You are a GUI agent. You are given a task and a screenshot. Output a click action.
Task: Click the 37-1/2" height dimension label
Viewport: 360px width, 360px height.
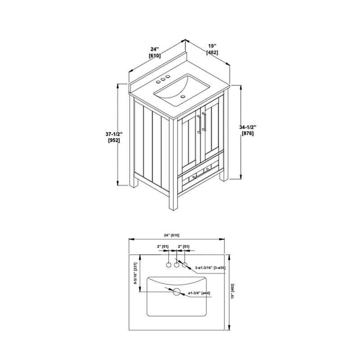(114, 134)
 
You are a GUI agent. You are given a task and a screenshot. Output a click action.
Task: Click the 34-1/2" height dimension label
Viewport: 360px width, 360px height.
(248, 127)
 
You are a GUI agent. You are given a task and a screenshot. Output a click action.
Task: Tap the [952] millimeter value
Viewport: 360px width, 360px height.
(114, 140)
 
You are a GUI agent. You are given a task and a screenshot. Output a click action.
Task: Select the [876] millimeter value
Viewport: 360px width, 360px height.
(248, 133)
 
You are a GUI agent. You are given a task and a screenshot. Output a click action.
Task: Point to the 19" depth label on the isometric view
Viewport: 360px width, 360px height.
(212, 46)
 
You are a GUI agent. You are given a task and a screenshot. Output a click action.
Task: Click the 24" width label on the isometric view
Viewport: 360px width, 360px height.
(155, 49)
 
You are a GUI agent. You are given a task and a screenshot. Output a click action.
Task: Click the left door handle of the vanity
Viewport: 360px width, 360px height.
(199, 124)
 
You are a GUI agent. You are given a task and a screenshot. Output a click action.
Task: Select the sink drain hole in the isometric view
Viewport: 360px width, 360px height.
(183, 96)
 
